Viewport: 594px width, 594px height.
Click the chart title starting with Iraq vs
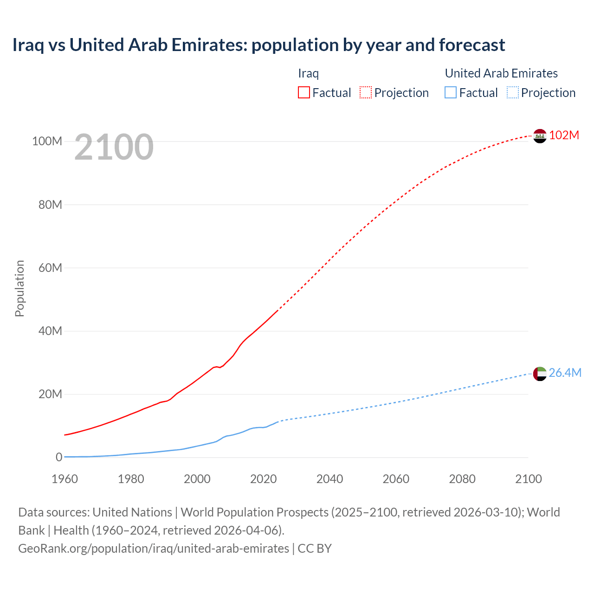pyautogui.click(x=258, y=45)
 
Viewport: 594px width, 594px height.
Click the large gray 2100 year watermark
pyautogui.click(x=114, y=147)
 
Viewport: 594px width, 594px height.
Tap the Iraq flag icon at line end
pyautogui.click(x=540, y=136)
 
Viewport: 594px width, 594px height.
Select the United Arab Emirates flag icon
pyautogui.click(x=540, y=374)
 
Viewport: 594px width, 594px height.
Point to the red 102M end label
pyautogui.click(x=564, y=135)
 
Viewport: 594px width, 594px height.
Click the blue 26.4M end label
pyautogui.click(x=565, y=373)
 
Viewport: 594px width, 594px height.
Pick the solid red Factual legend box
pyautogui.click(x=304, y=93)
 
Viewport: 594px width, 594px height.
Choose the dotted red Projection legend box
pyautogui.click(x=366, y=93)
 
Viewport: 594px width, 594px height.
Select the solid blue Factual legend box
pyautogui.click(x=451, y=93)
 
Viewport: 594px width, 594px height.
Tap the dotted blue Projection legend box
pyautogui.click(x=512, y=93)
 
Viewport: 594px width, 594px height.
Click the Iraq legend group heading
pyautogui.click(x=308, y=73)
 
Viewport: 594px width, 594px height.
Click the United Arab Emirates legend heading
pyautogui.click(x=501, y=73)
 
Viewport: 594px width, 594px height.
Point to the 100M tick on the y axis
pyautogui.click(x=47, y=141)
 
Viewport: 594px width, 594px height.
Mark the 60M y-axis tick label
pyautogui.click(x=50, y=268)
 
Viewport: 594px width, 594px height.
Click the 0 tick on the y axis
pyautogui.click(x=59, y=457)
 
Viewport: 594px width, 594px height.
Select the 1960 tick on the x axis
pyautogui.click(x=65, y=479)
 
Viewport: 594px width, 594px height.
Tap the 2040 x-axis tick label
pyautogui.click(x=329, y=479)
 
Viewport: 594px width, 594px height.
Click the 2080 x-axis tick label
pyautogui.click(x=462, y=479)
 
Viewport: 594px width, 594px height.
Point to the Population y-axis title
pyautogui.click(x=19, y=288)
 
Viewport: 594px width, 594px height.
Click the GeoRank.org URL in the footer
pyautogui.click(x=153, y=549)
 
